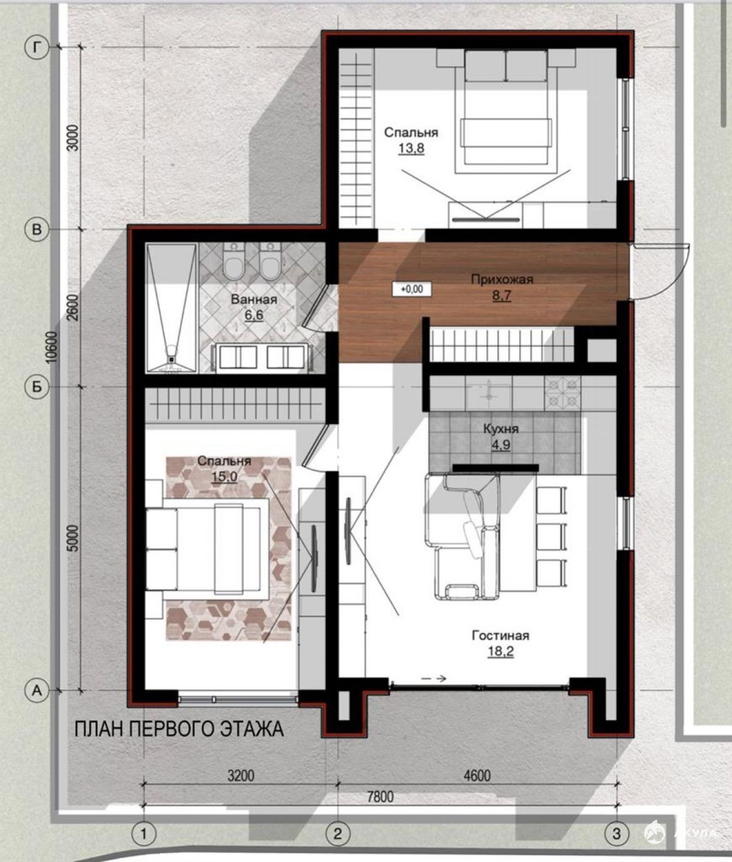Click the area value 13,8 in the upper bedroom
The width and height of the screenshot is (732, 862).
tap(411, 149)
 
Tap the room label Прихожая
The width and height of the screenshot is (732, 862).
tap(501, 279)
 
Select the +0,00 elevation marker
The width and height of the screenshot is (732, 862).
tap(412, 289)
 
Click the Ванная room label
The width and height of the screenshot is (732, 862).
tap(254, 299)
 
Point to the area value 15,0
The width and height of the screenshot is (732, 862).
tap(224, 477)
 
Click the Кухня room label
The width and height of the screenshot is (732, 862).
tap(501, 429)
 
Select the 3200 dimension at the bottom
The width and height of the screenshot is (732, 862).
tap(241, 776)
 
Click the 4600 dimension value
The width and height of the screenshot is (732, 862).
tap(477, 776)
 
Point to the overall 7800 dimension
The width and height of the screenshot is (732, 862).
tap(379, 797)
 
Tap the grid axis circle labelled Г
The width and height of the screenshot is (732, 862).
tap(37, 48)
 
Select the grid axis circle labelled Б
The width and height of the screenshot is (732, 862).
tap(37, 387)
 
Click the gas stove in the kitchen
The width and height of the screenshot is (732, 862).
tap(562, 393)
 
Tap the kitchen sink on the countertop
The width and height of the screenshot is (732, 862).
tap(490, 393)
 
